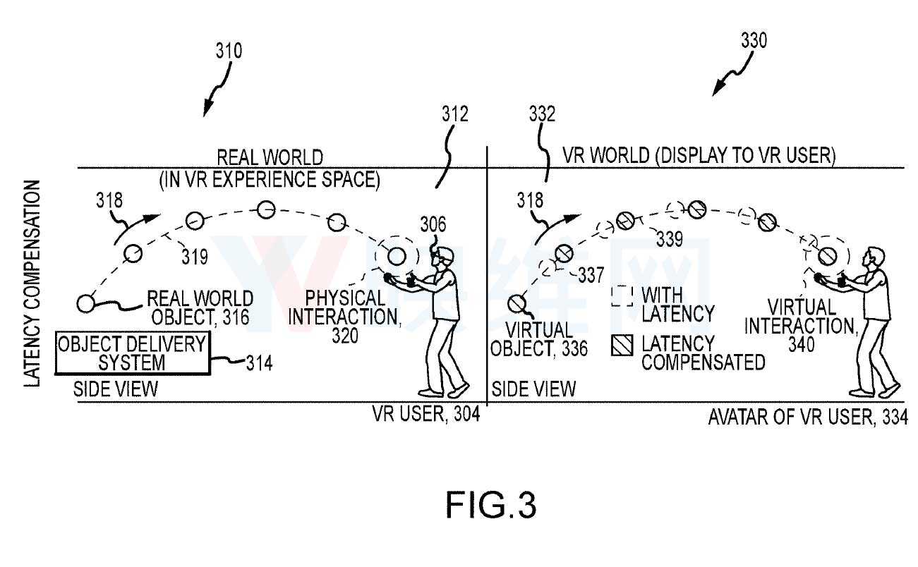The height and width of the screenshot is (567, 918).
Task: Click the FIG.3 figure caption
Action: [x=491, y=506]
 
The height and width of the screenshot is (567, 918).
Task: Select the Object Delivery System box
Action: [x=133, y=354]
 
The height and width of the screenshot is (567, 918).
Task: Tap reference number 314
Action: [x=259, y=363]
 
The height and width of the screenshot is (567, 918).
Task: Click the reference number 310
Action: [x=229, y=51]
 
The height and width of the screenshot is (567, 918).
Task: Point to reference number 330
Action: [x=753, y=41]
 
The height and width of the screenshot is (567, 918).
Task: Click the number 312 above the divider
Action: [x=454, y=114]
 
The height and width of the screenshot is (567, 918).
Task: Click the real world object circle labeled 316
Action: [x=85, y=305]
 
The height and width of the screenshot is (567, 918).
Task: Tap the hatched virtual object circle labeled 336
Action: [x=517, y=303]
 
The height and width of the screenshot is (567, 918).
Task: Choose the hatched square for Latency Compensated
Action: [x=622, y=345]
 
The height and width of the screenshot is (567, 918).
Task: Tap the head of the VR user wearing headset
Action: [x=444, y=257]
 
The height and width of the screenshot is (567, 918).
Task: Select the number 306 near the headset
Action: [x=433, y=225]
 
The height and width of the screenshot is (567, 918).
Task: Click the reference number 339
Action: [x=669, y=240]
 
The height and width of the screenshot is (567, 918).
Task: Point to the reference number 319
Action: [x=194, y=257]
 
